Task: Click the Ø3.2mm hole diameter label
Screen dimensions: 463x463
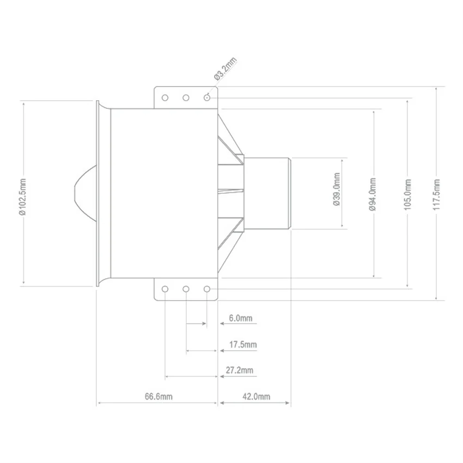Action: [226, 69]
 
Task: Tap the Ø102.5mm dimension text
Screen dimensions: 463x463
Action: [23, 197]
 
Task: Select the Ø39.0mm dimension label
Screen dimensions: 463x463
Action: [337, 189]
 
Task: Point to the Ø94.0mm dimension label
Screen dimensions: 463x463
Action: [373, 194]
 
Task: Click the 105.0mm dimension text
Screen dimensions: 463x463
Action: [407, 194]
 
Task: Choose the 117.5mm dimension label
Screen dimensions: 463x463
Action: [436, 194]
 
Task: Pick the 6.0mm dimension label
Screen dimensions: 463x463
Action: [241, 318]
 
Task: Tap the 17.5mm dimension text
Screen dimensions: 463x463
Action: [243, 345]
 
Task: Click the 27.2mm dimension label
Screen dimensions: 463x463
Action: [240, 370]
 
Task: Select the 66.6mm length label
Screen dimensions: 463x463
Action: [159, 396]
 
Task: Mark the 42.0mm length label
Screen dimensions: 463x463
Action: [257, 396]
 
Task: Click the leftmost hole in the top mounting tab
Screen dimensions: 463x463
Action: [165, 98]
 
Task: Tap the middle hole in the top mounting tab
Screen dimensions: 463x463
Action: [186, 98]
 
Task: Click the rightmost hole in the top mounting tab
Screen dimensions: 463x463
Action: [207, 98]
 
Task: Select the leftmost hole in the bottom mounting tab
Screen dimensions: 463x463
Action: [165, 289]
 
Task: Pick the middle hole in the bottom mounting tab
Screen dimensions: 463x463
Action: [186, 289]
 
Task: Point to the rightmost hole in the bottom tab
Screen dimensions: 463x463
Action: [207, 289]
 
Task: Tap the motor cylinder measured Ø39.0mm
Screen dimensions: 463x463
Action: [267, 193]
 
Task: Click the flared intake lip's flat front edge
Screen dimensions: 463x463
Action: [98, 193]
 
